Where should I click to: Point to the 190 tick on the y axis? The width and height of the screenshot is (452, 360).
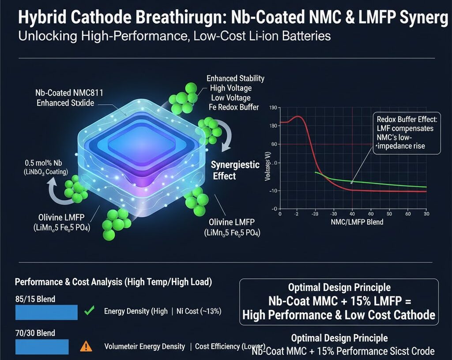pyautogui.click(x=272, y=108)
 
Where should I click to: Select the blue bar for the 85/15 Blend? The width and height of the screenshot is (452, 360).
pyautogui.click(x=46, y=312)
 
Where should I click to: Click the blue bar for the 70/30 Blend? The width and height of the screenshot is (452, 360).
pyautogui.click(x=42, y=347)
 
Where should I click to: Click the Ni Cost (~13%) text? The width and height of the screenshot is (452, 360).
pyautogui.click(x=199, y=311)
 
